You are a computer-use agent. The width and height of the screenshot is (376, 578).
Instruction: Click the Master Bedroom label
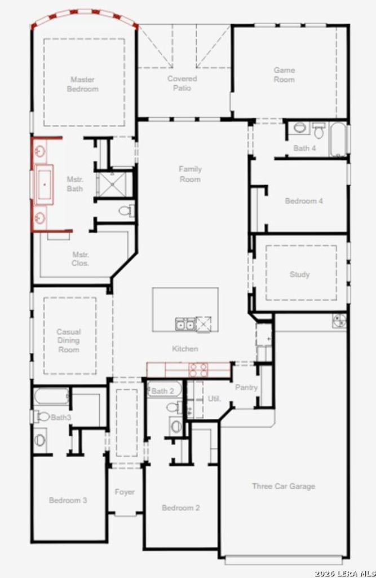pyautogui.click(x=82, y=84)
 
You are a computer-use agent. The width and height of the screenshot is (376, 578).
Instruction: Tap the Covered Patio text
pyautogui.click(x=182, y=84)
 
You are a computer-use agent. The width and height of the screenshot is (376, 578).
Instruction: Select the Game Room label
pyautogui.click(x=284, y=75)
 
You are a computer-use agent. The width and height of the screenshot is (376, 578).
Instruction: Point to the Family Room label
pyautogui.click(x=190, y=174)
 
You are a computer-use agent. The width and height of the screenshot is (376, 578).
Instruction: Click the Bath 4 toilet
pyautogui.click(x=319, y=130)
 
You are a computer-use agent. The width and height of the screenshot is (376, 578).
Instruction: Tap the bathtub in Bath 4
pyautogui.click(x=339, y=139)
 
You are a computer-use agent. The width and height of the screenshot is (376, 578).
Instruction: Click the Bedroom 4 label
pyautogui.click(x=304, y=201)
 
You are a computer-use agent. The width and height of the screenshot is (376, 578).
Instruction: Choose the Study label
pyautogui.click(x=299, y=274)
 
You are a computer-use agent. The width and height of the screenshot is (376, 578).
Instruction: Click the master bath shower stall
pyautogui.click(x=113, y=183)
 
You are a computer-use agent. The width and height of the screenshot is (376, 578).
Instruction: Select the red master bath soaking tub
pyautogui.click(x=44, y=183)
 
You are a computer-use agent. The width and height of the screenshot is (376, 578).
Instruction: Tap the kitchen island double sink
pyautogui.click(x=185, y=325)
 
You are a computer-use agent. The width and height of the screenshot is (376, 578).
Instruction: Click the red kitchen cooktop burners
pyautogui.click(x=198, y=370)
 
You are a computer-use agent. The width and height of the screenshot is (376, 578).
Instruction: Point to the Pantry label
pyautogui.click(x=246, y=387)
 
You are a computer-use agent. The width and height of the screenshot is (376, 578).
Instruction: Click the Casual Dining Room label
pyautogui.click(x=69, y=340)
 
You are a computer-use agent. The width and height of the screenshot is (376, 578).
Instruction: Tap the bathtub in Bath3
pyautogui.click(x=51, y=397)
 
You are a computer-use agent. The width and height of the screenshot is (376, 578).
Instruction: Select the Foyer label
pyautogui.click(x=125, y=492)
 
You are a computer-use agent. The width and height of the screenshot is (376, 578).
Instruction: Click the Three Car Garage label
pyautogui.click(x=284, y=486)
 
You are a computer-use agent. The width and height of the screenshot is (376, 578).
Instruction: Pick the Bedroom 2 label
pyautogui.click(x=181, y=508)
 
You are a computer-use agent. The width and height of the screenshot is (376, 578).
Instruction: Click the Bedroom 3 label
pyautogui.click(x=68, y=500)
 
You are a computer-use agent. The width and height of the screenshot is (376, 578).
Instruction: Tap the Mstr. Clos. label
pyautogui.click(x=80, y=259)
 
